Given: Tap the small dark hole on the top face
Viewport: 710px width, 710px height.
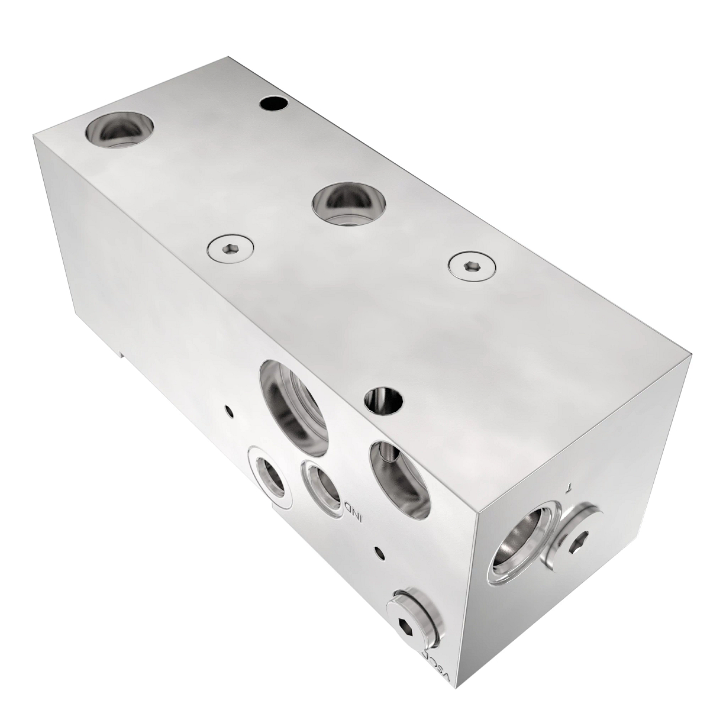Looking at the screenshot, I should coord(274,104).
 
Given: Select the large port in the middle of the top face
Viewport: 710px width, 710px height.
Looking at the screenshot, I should coord(350,204).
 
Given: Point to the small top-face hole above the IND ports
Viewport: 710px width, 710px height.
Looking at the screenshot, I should coord(384,402).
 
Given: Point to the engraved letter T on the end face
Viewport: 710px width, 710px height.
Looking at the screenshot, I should coord(569,488).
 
